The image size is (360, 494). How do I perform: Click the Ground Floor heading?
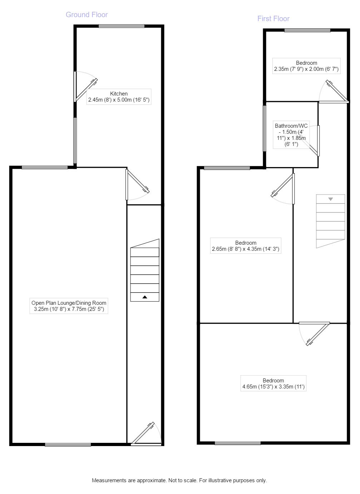tap(87, 15)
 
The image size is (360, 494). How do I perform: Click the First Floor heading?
tap(273, 19)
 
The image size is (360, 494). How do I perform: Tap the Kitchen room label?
tap(119, 97)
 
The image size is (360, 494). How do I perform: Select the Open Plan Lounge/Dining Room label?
tap(69, 306)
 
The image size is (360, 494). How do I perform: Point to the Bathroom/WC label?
tap(291, 135)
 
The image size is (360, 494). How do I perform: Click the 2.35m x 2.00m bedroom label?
tap(306, 66)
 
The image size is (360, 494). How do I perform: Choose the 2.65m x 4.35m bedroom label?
tap(246, 246)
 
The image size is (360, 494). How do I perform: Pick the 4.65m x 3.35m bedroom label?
tap(273, 383)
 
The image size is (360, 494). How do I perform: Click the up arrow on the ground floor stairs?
tap(145, 297)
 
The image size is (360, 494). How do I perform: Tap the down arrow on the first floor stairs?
tap(330, 199)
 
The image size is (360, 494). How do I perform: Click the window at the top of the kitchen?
tap(122, 26)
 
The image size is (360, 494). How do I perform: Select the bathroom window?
tap(265, 128)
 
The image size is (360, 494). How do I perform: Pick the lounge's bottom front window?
tap(68, 445)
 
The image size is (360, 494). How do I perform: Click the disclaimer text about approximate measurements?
tap(179, 480)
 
